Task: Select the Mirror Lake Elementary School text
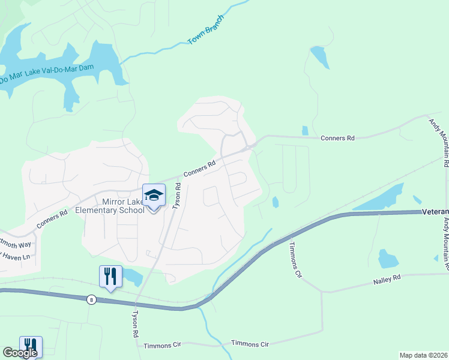pyautogui.click(x=110, y=206)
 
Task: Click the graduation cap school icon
pyautogui.click(x=154, y=196)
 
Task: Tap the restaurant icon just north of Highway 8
pyautogui.click(x=110, y=277)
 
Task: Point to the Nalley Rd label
pyautogui.click(x=387, y=278)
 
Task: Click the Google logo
pyautogui.click(x=20, y=353)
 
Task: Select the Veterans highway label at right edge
pyautogui.click(x=435, y=212)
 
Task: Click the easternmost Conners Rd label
pyautogui.click(x=337, y=138)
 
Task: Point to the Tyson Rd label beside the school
pyautogui.click(x=177, y=196)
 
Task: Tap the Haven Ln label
pyautogui.click(x=15, y=257)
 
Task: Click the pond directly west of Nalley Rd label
pyautogui.click(x=388, y=259)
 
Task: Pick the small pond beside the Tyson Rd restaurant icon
pyautogui.click(x=132, y=277)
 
